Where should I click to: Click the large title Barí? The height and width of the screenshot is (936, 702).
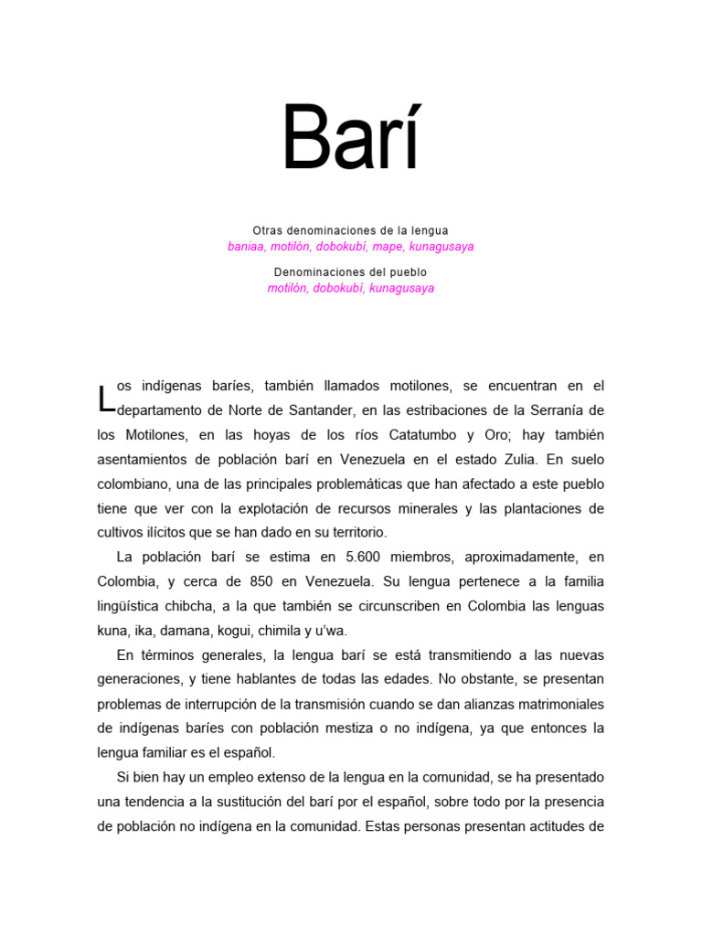tap(350, 139)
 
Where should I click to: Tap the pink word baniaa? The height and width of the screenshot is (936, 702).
tap(245, 247)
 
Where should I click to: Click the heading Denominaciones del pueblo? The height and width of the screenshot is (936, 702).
tap(350, 272)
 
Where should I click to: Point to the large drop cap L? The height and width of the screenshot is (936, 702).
tap(106, 399)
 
